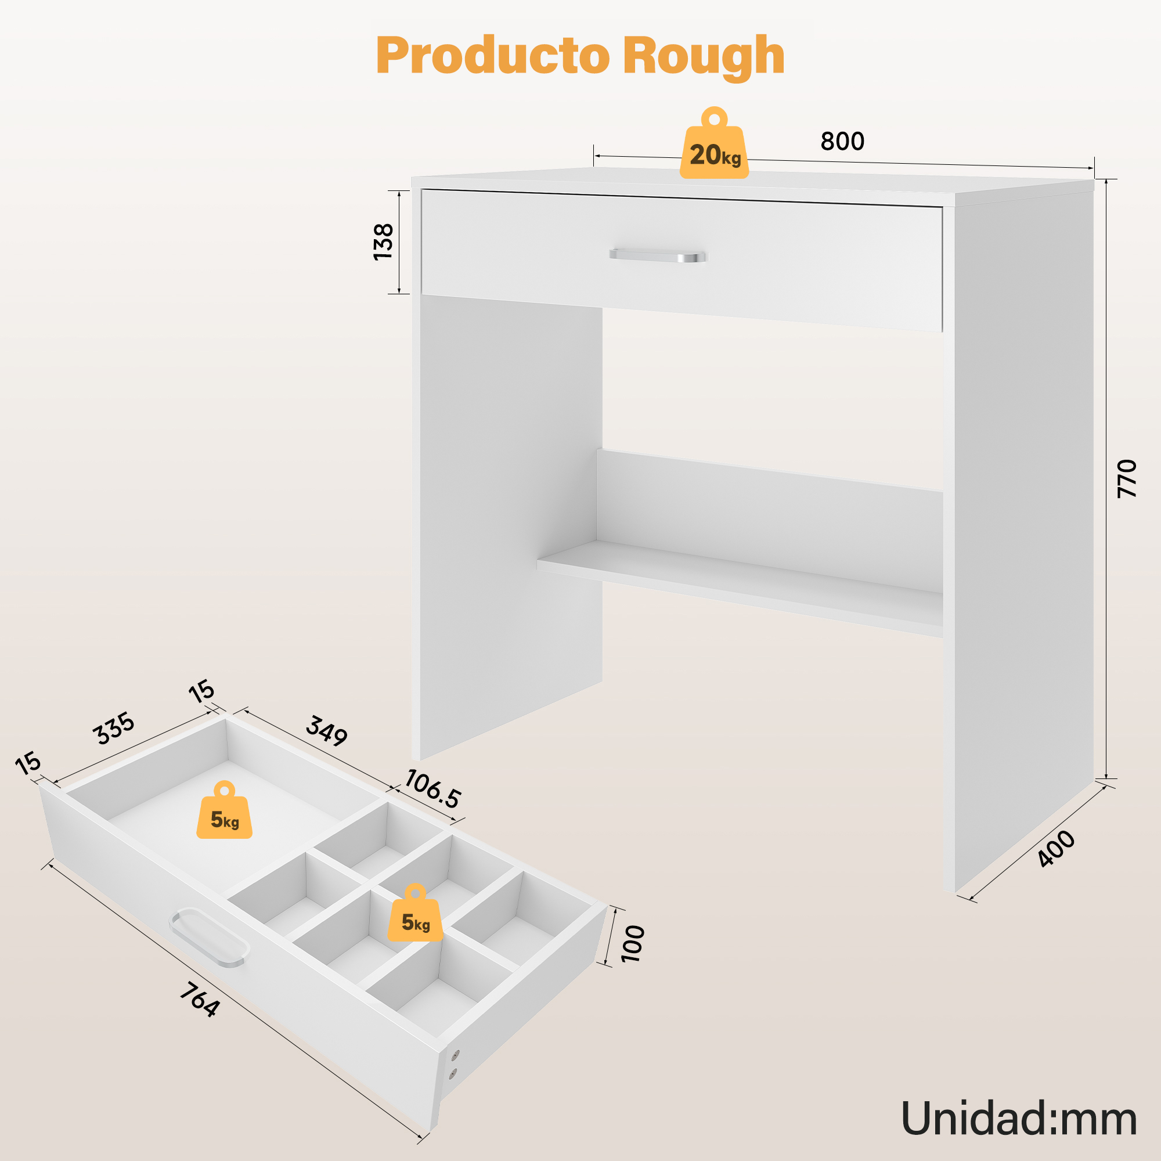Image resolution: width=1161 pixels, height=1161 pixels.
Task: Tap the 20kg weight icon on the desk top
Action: click(x=714, y=143)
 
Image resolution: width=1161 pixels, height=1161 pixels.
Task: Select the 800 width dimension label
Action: click(x=842, y=141)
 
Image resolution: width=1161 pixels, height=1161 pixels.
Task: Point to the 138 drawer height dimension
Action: click(x=383, y=241)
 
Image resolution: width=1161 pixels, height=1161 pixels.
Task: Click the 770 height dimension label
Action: click(x=1127, y=478)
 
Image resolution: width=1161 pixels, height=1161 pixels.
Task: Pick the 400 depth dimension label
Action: click(x=1057, y=849)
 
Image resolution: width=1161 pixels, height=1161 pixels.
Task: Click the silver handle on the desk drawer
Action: click(x=658, y=255)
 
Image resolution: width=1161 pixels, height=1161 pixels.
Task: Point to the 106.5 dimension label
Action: click(x=432, y=789)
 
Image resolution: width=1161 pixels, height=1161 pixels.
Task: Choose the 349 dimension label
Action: click(x=327, y=731)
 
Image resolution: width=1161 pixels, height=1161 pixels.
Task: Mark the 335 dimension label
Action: click(x=114, y=729)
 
